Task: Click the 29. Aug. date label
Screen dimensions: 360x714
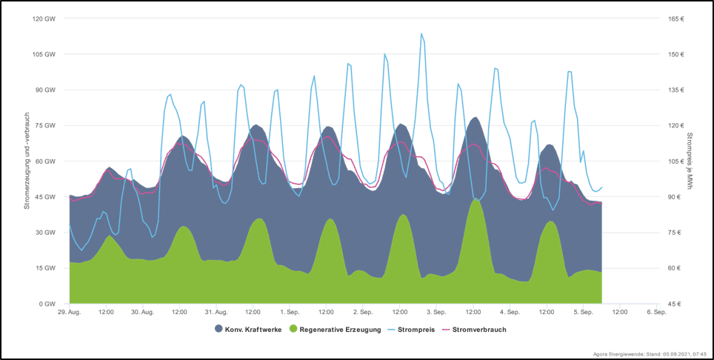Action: (69, 313)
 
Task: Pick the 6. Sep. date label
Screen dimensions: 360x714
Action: (656, 313)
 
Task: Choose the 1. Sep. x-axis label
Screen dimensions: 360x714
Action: (290, 313)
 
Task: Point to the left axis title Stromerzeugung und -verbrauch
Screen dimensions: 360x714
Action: (27, 161)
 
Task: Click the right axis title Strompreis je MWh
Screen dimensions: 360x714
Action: (690, 161)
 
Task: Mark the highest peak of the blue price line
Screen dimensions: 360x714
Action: (421, 34)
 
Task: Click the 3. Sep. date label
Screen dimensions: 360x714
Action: (436, 313)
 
